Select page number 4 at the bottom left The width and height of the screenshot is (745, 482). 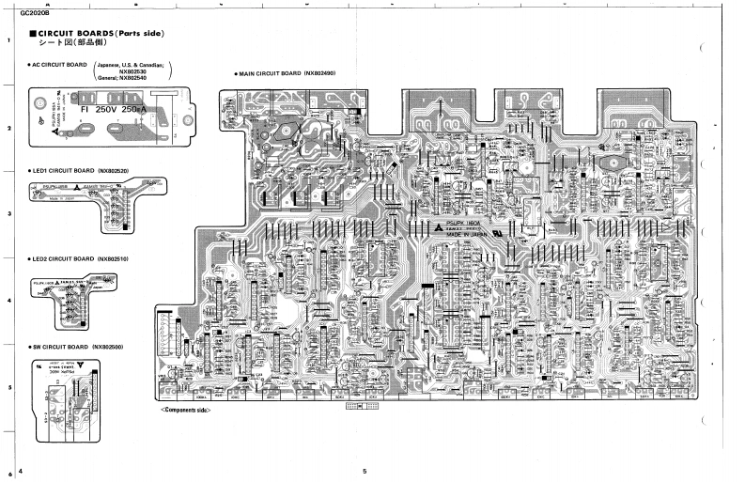(20, 470)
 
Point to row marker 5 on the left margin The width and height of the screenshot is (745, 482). (8, 387)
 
